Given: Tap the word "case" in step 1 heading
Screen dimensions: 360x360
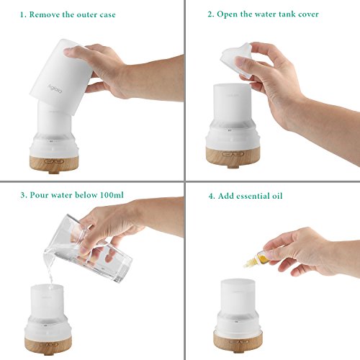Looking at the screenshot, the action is click(x=107, y=15).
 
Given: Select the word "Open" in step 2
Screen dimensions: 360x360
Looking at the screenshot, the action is click(x=227, y=14).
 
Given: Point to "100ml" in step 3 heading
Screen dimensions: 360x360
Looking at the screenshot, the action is click(x=112, y=194).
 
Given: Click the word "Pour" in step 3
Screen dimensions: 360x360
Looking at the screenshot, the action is click(x=39, y=195).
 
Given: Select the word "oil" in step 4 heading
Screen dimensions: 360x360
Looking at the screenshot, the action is click(x=277, y=196).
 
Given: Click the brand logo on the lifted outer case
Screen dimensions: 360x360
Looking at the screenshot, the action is click(x=55, y=89).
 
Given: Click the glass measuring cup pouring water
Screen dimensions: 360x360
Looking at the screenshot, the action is click(x=88, y=248).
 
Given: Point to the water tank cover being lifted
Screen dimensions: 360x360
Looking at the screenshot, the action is click(x=236, y=60).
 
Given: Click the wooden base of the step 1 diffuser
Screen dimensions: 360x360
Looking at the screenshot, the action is click(x=54, y=164).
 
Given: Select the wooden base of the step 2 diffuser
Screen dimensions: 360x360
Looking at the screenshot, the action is click(x=233, y=156).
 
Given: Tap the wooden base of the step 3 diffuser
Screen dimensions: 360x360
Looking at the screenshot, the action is click(x=48, y=345).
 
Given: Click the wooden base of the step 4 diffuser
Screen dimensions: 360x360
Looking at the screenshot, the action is click(x=238, y=341).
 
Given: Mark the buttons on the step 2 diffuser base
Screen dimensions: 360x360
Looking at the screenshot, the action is click(x=233, y=153).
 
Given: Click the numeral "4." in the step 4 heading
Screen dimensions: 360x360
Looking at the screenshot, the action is click(x=212, y=196).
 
